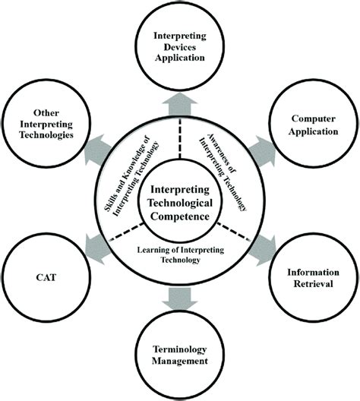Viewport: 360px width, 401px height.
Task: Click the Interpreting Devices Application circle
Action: tap(180, 47)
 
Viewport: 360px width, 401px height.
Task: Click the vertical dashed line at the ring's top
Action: tap(180, 137)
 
